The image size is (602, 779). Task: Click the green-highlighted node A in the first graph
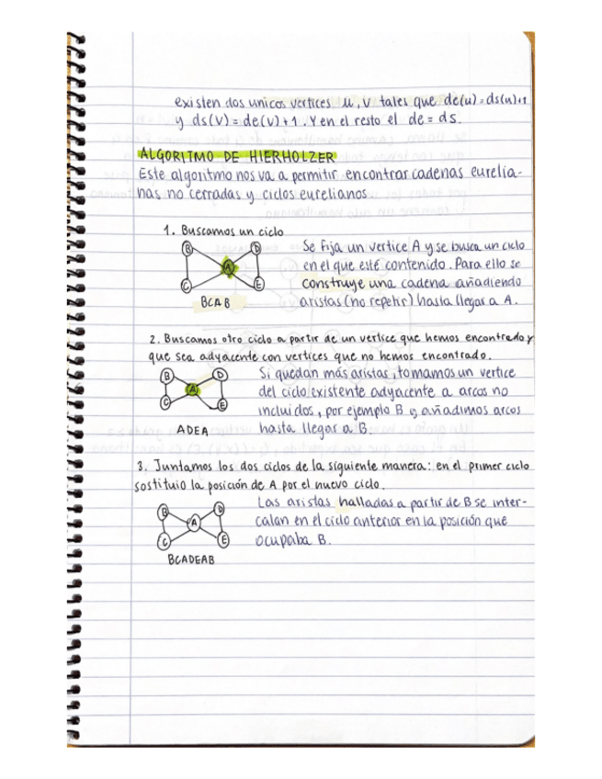tap(228, 267)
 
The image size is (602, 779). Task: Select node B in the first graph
tap(187, 249)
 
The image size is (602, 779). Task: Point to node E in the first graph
tap(260, 285)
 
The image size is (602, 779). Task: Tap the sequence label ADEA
tap(192, 429)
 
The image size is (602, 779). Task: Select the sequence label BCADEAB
tap(192, 559)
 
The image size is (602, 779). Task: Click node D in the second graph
tap(221, 376)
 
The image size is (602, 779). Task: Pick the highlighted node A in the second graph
tap(192, 389)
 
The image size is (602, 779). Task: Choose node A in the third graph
tap(194, 523)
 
